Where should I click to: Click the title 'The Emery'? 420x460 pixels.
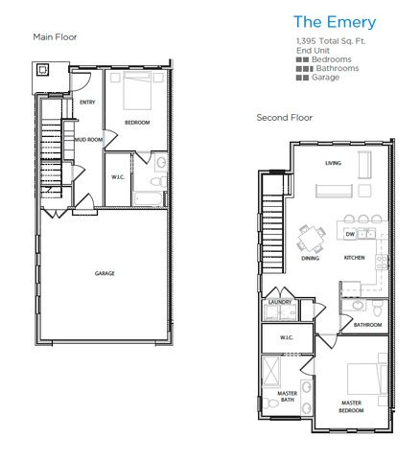click(x=334, y=21)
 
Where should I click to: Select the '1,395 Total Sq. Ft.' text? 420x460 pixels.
click(x=331, y=42)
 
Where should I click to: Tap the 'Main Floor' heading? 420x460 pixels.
click(x=56, y=37)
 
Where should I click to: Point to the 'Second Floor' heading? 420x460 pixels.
click(x=284, y=118)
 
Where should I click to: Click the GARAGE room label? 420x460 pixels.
click(x=105, y=273)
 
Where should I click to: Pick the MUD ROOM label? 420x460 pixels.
click(x=88, y=140)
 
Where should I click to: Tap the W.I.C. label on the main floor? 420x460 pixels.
click(x=119, y=176)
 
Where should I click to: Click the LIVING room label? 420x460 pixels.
click(x=333, y=163)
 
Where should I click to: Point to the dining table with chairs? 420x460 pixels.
click(x=311, y=236)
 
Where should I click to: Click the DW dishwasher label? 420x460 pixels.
click(x=350, y=234)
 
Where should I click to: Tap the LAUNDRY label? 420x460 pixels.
click(x=280, y=302)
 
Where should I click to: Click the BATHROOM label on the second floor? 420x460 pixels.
click(x=367, y=324)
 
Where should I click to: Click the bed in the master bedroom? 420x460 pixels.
click(x=362, y=377)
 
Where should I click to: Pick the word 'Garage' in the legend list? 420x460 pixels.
click(x=325, y=78)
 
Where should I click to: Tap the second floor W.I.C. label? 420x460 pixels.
click(x=286, y=337)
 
